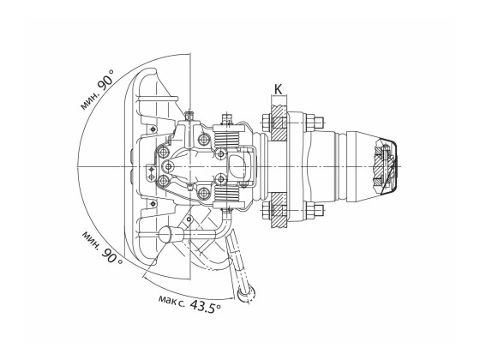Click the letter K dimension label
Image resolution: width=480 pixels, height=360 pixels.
279,89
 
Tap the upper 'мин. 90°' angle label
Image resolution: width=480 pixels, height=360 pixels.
98,90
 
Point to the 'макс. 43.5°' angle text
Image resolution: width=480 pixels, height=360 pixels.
189,303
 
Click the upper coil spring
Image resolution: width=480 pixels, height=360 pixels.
226,140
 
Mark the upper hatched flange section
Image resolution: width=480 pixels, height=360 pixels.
279,123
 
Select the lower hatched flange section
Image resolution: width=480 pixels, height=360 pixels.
279,210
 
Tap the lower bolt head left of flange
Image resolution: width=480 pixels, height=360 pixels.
266,211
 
